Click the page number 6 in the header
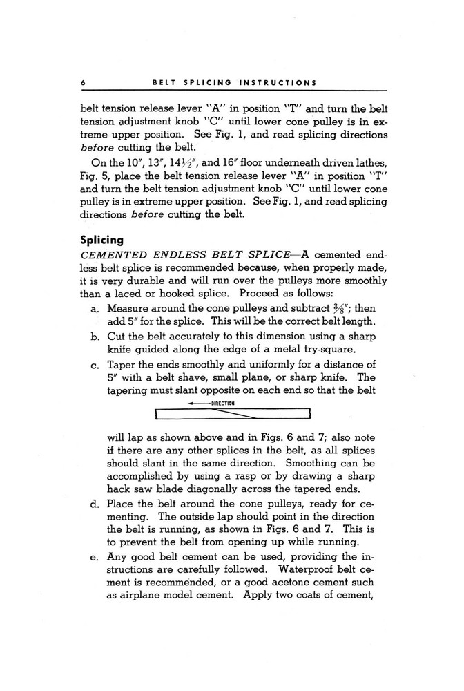click(82, 82)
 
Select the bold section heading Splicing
click(101, 241)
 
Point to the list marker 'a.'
click(95, 308)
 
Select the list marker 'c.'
click(95, 366)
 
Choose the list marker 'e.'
click(95, 557)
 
